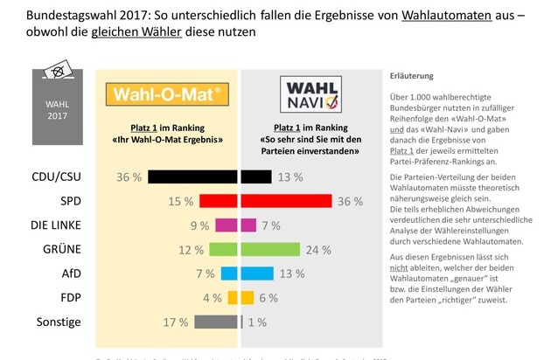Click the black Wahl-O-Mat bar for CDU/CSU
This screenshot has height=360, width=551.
pyautogui.click(x=193, y=177)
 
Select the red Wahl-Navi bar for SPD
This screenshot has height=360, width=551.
pyautogui.click(x=286, y=201)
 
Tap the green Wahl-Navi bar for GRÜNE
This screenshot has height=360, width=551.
pyautogui.click(x=269, y=250)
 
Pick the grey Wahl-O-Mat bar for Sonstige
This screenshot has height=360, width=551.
pyautogui.click(x=216, y=322)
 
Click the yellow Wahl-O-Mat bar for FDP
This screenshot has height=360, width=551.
pyautogui.click(x=234, y=297)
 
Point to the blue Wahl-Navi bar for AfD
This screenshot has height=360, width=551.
pyautogui.click(x=254, y=273)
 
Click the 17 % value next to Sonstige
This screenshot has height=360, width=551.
pyautogui.click(x=176, y=322)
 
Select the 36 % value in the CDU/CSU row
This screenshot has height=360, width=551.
pyautogui.click(x=129, y=177)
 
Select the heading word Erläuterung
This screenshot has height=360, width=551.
pyautogui.click(x=410, y=76)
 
